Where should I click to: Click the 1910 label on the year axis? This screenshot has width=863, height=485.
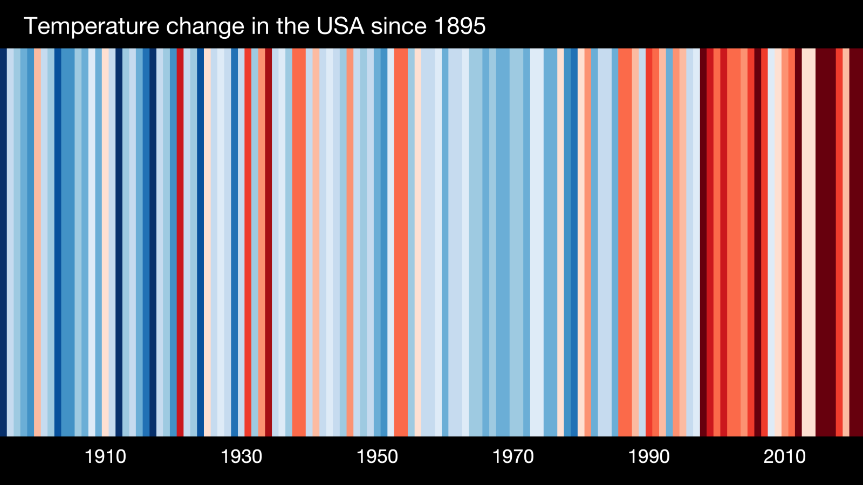(x=105, y=457)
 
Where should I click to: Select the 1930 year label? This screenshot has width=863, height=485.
(x=241, y=457)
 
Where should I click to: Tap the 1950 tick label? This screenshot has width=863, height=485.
(x=377, y=457)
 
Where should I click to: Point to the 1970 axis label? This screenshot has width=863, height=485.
(x=513, y=457)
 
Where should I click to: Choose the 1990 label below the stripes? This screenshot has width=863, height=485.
(x=649, y=457)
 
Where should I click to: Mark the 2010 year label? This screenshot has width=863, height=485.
(x=784, y=457)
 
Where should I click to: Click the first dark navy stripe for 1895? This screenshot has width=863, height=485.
(x=3, y=242)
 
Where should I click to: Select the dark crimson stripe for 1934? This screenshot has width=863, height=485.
(x=268, y=242)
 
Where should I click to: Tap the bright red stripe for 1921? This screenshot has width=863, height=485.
(x=180, y=242)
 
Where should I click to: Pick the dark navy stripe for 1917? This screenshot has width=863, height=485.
(x=153, y=242)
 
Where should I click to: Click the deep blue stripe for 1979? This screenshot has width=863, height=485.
(x=574, y=242)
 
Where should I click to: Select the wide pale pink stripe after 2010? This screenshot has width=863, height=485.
(x=809, y=242)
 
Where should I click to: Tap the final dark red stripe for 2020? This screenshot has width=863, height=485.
(x=856, y=242)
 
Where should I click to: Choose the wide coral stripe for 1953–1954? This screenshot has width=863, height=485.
(x=401, y=242)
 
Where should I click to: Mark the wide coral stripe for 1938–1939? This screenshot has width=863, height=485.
(x=299, y=242)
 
